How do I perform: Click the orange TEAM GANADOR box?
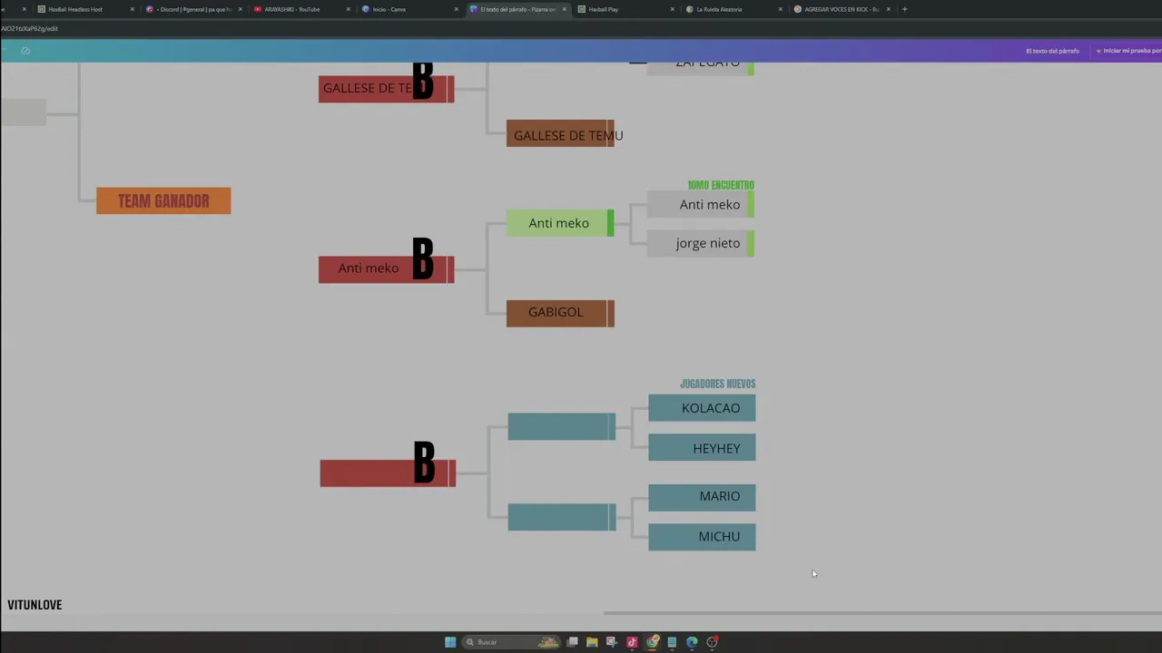(x=163, y=200)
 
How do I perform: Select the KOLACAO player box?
(x=702, y=408)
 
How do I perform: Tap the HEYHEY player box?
(x=702, y=448)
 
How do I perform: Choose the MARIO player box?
(x=702, y=497)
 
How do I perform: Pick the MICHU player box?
(x=702, y=537)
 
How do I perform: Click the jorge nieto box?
(x=700, y=243)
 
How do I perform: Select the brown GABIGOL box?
(x=560, y=313)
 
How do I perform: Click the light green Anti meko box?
(x=559, y=223)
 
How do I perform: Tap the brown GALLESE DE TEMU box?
(x=560, y=134)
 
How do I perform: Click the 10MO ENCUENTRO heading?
(x=721, y=185)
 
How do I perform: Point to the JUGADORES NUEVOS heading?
(x=717, y=384)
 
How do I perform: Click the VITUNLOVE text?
(x=34, y=605)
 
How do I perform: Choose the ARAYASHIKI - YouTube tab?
(x=292, y=9)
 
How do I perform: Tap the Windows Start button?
(x=450, y=642)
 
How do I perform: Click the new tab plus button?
(x=904, y=9)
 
